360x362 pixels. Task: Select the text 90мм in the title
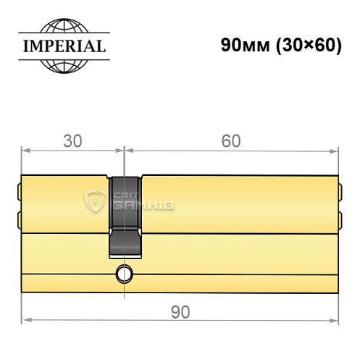(x=239, y=44)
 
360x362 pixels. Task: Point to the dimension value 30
(x=71, y=141)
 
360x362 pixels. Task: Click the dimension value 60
(x=231, y=141)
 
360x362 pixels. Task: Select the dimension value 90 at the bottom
(x=180, y=312)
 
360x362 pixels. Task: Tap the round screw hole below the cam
(x=125, y=274)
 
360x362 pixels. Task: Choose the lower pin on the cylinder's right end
(x=338, y=217)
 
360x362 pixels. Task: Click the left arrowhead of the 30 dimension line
(x=26, y=151)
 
